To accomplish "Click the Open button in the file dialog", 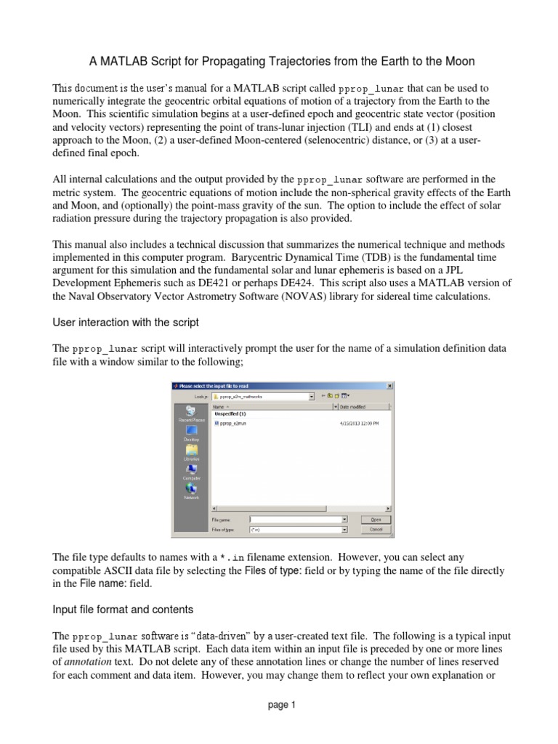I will click(376, 519).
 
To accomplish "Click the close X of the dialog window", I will click(389, 386).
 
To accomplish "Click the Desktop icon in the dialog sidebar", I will click(192, 432).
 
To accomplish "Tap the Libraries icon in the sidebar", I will click(192, 452).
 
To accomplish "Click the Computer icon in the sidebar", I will click(192, 472).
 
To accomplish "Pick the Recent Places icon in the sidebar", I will click(192, 413).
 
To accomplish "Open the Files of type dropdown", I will click(344, 530).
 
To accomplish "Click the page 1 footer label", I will click(279, 704).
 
